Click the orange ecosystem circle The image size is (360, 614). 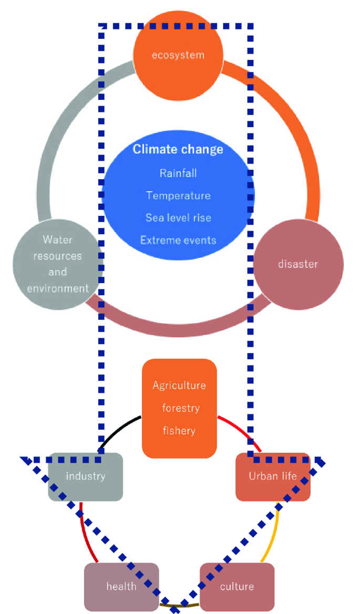(x=178, y=55)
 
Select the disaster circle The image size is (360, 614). (x=298, y=264)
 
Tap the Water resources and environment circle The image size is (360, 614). (x=58, y=264)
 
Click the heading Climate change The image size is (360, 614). (x=178, y=149)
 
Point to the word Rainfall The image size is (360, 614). (x=178, y=173)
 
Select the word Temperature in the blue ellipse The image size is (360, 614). (x=178, y=195)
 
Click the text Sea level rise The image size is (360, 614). (x=178, y=217)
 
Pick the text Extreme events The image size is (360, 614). (x=178, y=240)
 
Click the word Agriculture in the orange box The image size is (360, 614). (x=179, y=386)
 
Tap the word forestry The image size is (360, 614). (x=180, y=408)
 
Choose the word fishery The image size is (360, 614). (x=179, y=431)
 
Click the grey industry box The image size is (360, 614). (x=85, y=476)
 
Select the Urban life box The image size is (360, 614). (x=273, y=476)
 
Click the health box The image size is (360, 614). (x=121, y=587)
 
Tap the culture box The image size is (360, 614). (x=237, y=587)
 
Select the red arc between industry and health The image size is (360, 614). (x=86, y=533)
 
